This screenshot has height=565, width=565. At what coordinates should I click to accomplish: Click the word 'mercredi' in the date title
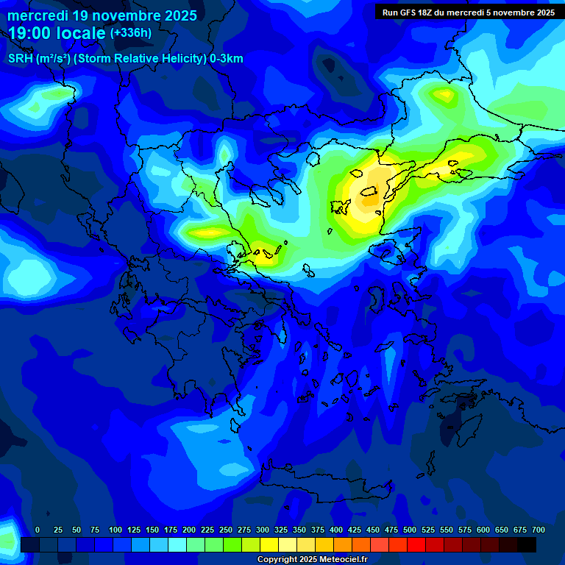[x=36, y=15]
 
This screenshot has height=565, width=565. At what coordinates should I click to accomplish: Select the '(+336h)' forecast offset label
[x=130, y=33]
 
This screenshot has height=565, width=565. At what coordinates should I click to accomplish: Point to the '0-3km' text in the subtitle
[x=227, y=59]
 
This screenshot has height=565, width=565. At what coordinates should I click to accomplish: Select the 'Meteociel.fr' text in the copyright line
[x=343, y=560]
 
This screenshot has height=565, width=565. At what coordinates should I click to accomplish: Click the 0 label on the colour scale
[x=38, y=530]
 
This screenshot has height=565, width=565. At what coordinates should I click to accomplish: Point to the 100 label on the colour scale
[x=116, y=530]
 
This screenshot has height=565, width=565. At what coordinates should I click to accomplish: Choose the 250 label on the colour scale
[x=226, y=530]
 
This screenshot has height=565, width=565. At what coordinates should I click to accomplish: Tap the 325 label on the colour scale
[x=281, y=530]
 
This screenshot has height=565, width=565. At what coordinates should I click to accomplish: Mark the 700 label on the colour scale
[x=539, y=530]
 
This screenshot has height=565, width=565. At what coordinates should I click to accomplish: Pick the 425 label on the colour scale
[x=355, y=530]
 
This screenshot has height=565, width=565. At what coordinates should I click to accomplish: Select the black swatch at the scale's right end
[x=527, y=544]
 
